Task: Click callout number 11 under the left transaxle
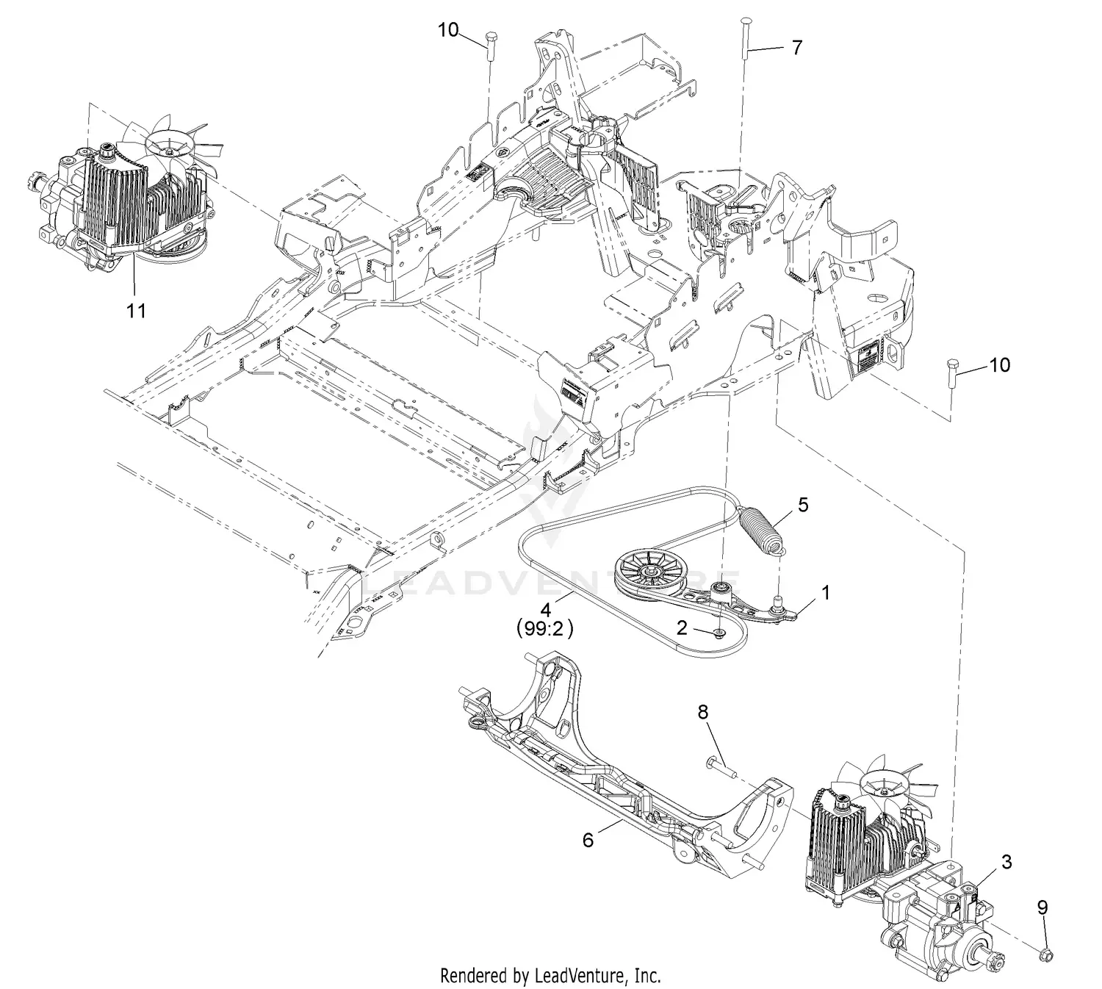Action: point(136,311)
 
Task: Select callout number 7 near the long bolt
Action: point(797,48)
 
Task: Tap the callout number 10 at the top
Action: point(448,30)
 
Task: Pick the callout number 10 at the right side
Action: point(1000,364)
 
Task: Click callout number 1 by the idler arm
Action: point(825,592)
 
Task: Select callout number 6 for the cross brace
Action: point(588,839)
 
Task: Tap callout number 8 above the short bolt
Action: point(703,711)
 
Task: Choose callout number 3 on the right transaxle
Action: point(1006,862)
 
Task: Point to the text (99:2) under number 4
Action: point(544,630)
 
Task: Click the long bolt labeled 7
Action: point(745,37)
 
